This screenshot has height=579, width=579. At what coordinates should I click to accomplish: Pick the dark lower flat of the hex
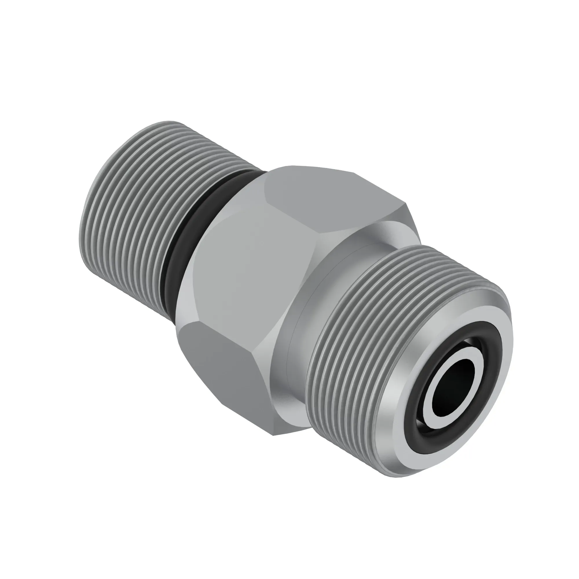tap(222, 369)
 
